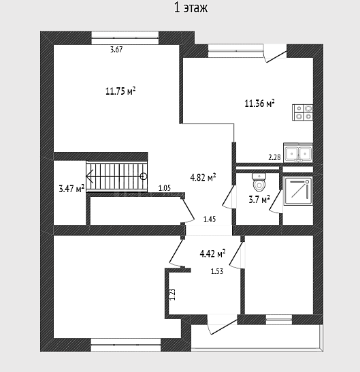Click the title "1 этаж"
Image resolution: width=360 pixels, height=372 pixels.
pyautogui.click(x=191, y=7)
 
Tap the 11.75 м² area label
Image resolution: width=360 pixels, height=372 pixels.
pyautogui.click(x=120, y=91)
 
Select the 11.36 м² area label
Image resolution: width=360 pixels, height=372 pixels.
pyautogui.click(x=259, y=104)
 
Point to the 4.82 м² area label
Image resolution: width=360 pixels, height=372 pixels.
pyautogui.click(x=203, y=177)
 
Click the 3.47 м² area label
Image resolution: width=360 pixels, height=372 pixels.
pyautogui.click(x=71, y=189)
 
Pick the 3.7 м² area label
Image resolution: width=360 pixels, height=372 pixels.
pyautogui.click(x=259, y=200)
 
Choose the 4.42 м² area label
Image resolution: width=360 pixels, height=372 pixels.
pyautogui.click(x=212, y=253)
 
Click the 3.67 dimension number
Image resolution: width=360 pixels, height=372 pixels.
pyautogui.click(x=116, y=50)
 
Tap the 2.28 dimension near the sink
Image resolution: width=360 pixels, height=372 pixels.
pyautogui.click(x=274, y=157)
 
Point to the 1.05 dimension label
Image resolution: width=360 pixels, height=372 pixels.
pyautogui.click(x=165, y=188)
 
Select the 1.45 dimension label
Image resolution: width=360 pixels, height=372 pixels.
pyautogui.click(x=210, y=219)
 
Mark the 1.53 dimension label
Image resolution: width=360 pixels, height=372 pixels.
pyautogui.click(x=217, y=271)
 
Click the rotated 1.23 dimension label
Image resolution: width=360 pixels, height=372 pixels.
pyautogui.click(x=172, y=294)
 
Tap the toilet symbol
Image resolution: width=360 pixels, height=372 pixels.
pyautogui.click(x=259, y=183)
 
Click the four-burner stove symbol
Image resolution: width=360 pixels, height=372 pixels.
pyautogui.click(x=302, y=112)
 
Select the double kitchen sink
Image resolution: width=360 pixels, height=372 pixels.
pyautogui.click(x=298, y=153)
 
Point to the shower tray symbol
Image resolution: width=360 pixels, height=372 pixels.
pyautogui.click(x=298, y=191)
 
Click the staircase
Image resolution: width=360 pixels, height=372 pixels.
pyautogui.click(x=117, y=176)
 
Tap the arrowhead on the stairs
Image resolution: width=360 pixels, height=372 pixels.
pyautogui.click(x=90, y=176)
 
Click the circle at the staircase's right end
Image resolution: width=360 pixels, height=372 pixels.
pyautogui.click(x=144, y=176)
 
